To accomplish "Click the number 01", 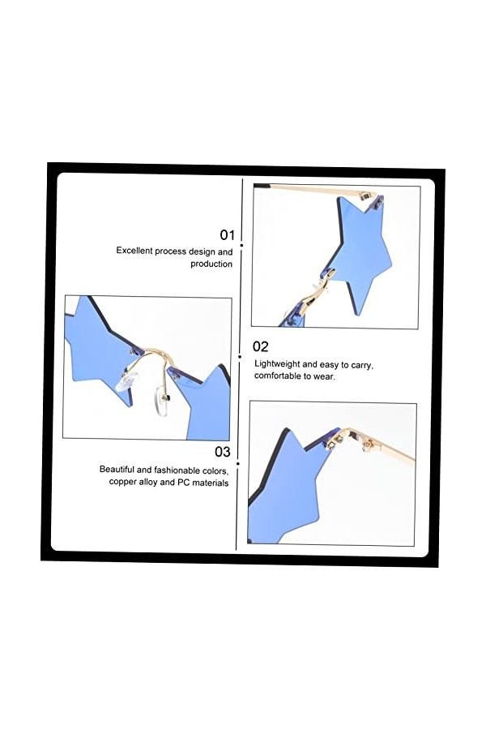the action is (228, 235).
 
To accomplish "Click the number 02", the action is (261, 346).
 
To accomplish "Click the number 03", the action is (222, 452).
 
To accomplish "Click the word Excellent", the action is (134, 251).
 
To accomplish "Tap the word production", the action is (211, 264).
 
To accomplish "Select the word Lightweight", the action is (277, 364).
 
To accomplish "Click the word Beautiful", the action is (117, 470).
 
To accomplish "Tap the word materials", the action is (211, 483).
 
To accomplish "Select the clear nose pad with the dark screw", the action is (161, 399).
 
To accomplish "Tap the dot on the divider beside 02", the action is (240, 357).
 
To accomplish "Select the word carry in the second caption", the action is (362, 365).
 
